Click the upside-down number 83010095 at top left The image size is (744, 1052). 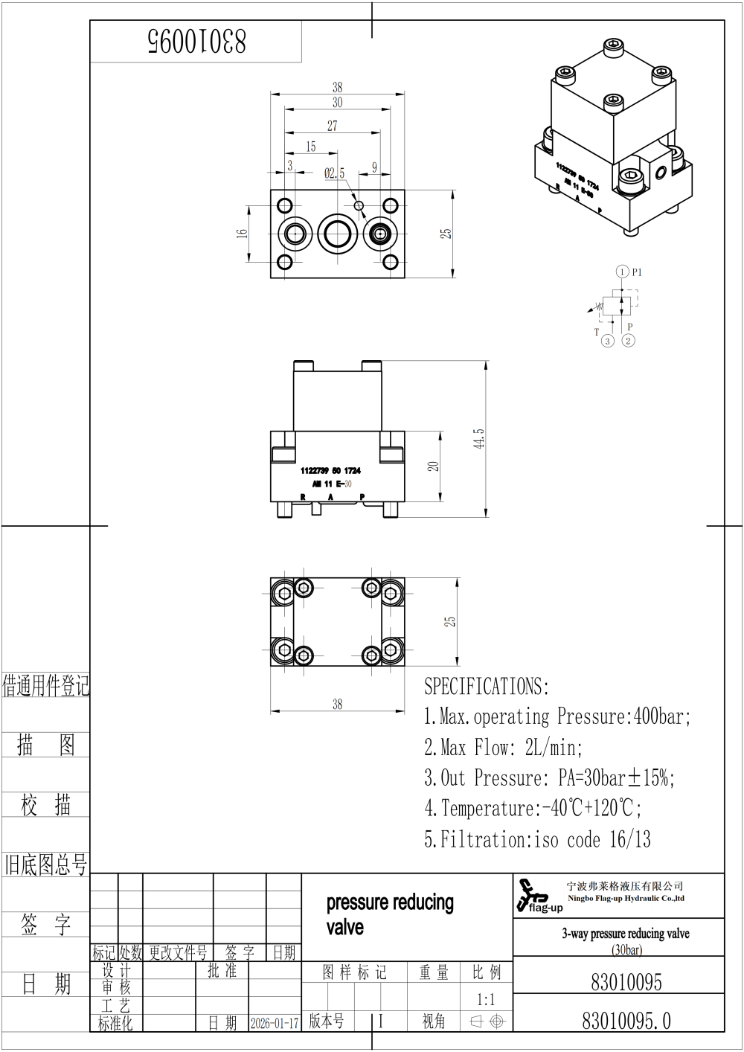196,42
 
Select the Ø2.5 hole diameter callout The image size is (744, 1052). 334,173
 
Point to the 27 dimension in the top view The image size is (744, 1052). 332,126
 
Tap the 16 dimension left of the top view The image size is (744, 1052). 242,233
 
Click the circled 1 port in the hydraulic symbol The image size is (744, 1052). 622,272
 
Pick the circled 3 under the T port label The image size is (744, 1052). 608,341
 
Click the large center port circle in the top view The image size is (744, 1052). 339,234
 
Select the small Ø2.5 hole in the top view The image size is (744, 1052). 359,205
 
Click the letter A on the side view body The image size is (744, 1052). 330,496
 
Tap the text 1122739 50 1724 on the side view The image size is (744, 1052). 330,471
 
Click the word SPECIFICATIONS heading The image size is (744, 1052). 486,686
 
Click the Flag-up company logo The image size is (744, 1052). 538,897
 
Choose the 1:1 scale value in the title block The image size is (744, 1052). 485,999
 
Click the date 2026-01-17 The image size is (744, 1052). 275,1023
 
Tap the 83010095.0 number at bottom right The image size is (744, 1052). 626,1021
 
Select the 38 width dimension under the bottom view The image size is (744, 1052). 337,704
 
